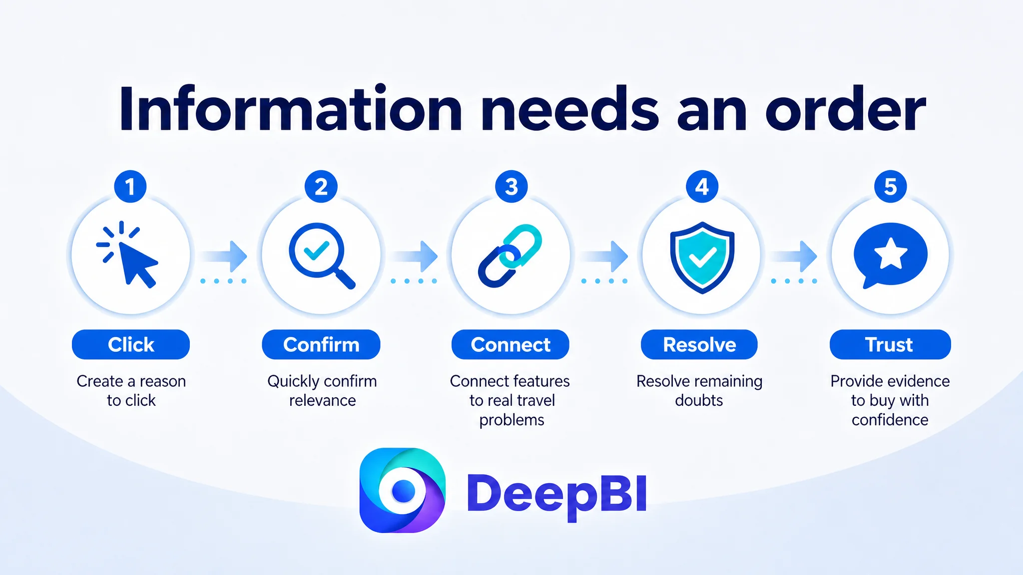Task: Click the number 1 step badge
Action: pyautogui.click(x=130, y=187)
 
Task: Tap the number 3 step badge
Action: pyautogui.click(x=511, y=187)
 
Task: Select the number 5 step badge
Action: pyautogui.click(x=891, y=187)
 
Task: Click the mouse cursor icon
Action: pyautogui.click(x=128, y=255)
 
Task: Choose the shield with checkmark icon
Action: pyautogui.click(x=702, y=257)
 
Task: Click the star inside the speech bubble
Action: pyautogui.click(x=891, y=254)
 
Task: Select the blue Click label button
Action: pyautogui.click(x=131, y=344)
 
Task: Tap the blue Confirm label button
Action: pyautogui.click(x=321, y=344)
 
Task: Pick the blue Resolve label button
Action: pyautogui.click(x=699, y=344)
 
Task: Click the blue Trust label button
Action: pyautogui.click(x=890, y=344)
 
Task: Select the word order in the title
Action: pyautogui.click(x=846, y=109)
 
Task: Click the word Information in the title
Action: pyautogui.click(x=291, y=109)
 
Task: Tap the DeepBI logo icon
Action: pyautogui.click(x=403, y=490)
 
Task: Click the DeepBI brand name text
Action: pyautogui.click(x=557, y=494)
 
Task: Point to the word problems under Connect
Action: pyautogui.click(x=511, y=420)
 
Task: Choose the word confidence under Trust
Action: pyautogui.click(x=890, y=420)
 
